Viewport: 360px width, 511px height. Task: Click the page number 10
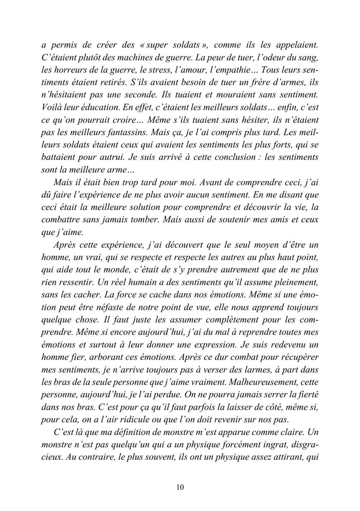[x=179, y=487]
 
